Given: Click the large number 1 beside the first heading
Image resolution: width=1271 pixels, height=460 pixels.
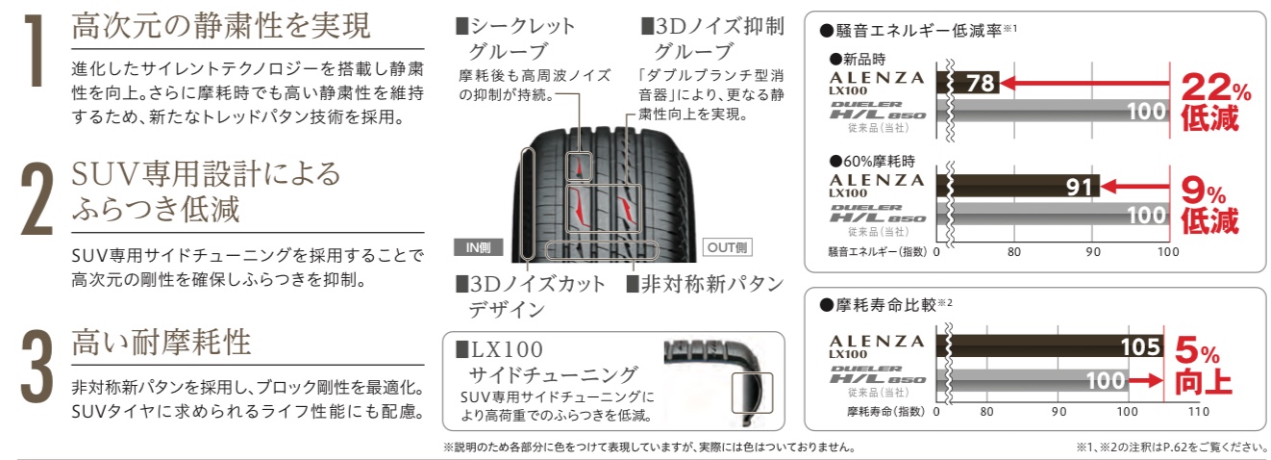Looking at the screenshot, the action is (36, 51).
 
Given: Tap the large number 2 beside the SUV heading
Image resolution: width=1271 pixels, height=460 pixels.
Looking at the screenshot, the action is (37, 199).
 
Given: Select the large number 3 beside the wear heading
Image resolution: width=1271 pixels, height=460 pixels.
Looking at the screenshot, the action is (37, 367).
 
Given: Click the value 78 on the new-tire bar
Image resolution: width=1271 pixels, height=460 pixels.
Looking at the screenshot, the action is (981, 83).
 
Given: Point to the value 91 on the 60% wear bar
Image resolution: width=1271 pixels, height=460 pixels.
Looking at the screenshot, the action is (1079, 187).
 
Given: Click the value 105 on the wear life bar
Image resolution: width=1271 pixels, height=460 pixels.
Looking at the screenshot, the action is (1140, 346).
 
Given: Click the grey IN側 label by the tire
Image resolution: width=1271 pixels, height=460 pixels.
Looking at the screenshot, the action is (478, 247).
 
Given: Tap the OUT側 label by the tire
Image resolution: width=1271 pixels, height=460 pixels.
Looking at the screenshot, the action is (727, 247).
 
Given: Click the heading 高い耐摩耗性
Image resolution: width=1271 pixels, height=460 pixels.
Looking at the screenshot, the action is (162, 343).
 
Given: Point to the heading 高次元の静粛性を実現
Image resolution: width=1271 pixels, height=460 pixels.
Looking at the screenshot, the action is (221, 26).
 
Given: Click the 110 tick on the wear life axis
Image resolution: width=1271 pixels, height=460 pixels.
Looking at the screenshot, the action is (1198, 412).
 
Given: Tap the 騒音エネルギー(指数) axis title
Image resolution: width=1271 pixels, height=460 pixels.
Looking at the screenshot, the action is (877, 251).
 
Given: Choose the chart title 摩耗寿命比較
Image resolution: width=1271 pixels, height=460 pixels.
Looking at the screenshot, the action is (885, 305).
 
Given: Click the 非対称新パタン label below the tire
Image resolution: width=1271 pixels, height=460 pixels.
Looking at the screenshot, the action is (706, 284).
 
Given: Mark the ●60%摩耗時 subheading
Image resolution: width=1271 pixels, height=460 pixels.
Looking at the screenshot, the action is (872, 162).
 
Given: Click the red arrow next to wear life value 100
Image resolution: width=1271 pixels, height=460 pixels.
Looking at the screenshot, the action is (1146, 380).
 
